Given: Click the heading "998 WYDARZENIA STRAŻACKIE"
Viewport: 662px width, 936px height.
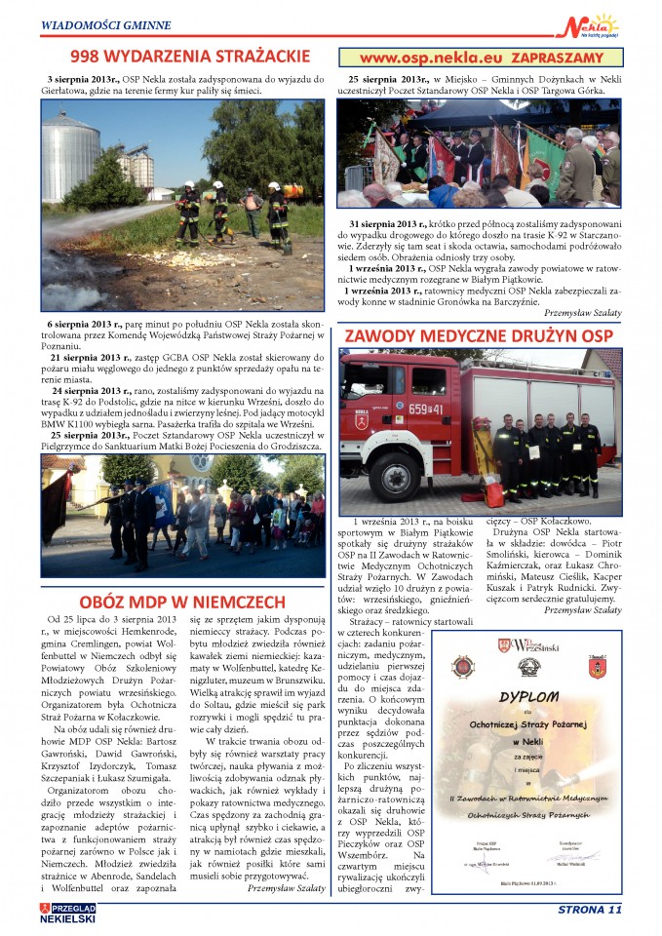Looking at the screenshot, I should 183,57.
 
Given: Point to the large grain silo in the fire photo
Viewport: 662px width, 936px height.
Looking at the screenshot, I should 70,155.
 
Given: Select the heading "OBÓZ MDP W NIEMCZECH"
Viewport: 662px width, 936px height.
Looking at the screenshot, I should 182,602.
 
